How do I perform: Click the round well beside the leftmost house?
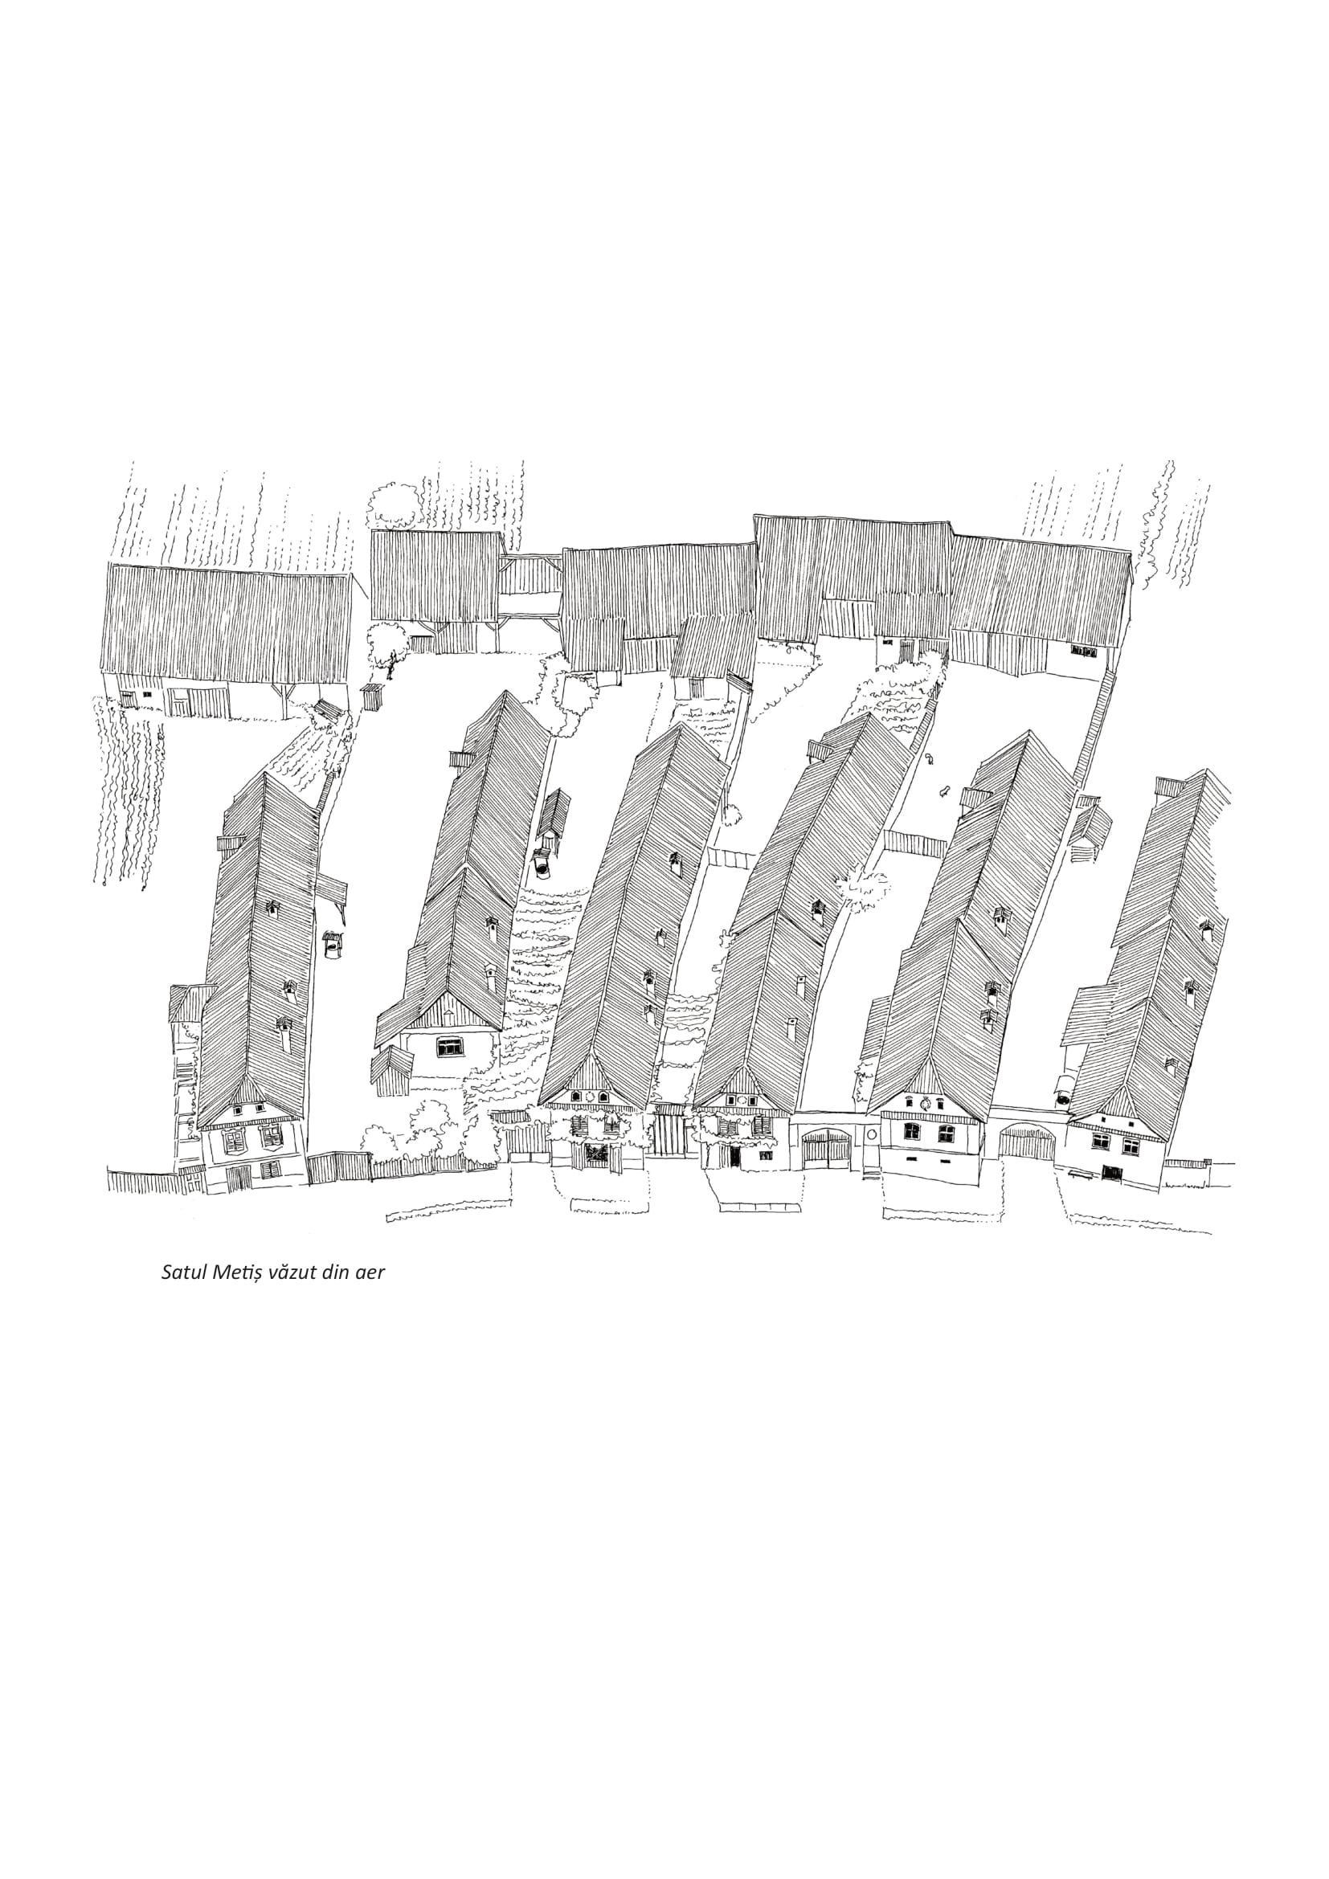coord(331,945)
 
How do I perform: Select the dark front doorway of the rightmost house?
coord(1111,1172)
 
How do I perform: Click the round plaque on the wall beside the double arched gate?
coord(871,1134)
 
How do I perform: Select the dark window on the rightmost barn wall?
coord(1083,652)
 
